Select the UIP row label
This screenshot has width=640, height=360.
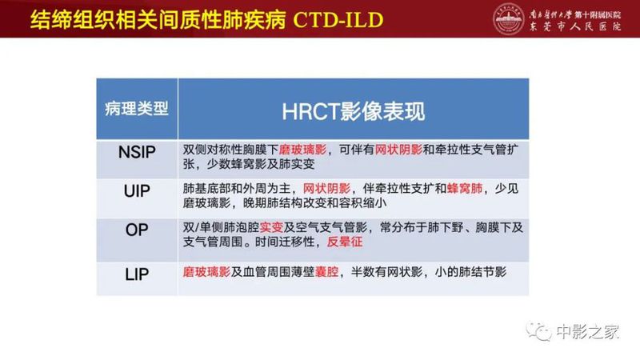point(137,195)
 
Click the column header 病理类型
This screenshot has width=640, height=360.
point(137,109)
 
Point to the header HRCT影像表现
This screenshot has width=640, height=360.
point(354,110)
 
